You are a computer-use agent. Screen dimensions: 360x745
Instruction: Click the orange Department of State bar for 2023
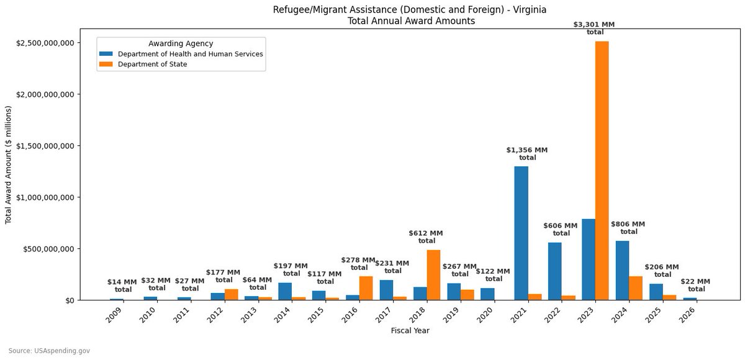point(602,171)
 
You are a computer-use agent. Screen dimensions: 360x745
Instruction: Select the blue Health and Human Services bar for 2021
point(521,233)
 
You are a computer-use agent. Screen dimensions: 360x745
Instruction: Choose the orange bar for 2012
point(232,294)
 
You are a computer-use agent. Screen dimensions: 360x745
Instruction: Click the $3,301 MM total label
point(595,28)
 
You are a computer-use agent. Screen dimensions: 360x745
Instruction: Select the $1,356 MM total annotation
point(527,153)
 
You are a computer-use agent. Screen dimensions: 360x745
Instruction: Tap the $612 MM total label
point(427,236)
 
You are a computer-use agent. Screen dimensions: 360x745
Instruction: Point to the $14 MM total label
point(122,286)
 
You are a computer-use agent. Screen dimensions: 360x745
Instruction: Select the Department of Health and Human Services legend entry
point(191,54)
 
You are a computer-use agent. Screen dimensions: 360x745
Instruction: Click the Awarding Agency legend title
point(181,43)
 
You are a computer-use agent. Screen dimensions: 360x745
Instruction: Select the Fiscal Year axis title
point(410,331)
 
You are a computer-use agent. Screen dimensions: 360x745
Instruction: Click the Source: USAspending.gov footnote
point(49,351)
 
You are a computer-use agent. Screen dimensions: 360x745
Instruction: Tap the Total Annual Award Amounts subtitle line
point(410,20)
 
